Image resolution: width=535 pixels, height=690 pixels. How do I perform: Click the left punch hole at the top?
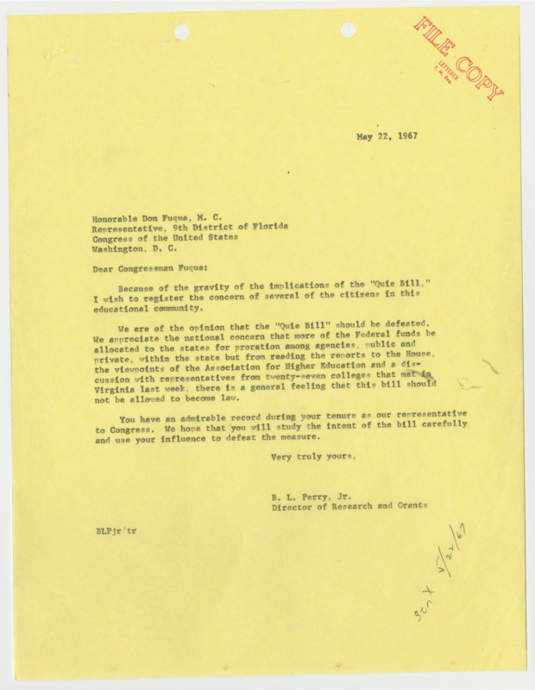[182, 32]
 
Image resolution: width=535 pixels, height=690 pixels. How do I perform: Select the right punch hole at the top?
[348, 30]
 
